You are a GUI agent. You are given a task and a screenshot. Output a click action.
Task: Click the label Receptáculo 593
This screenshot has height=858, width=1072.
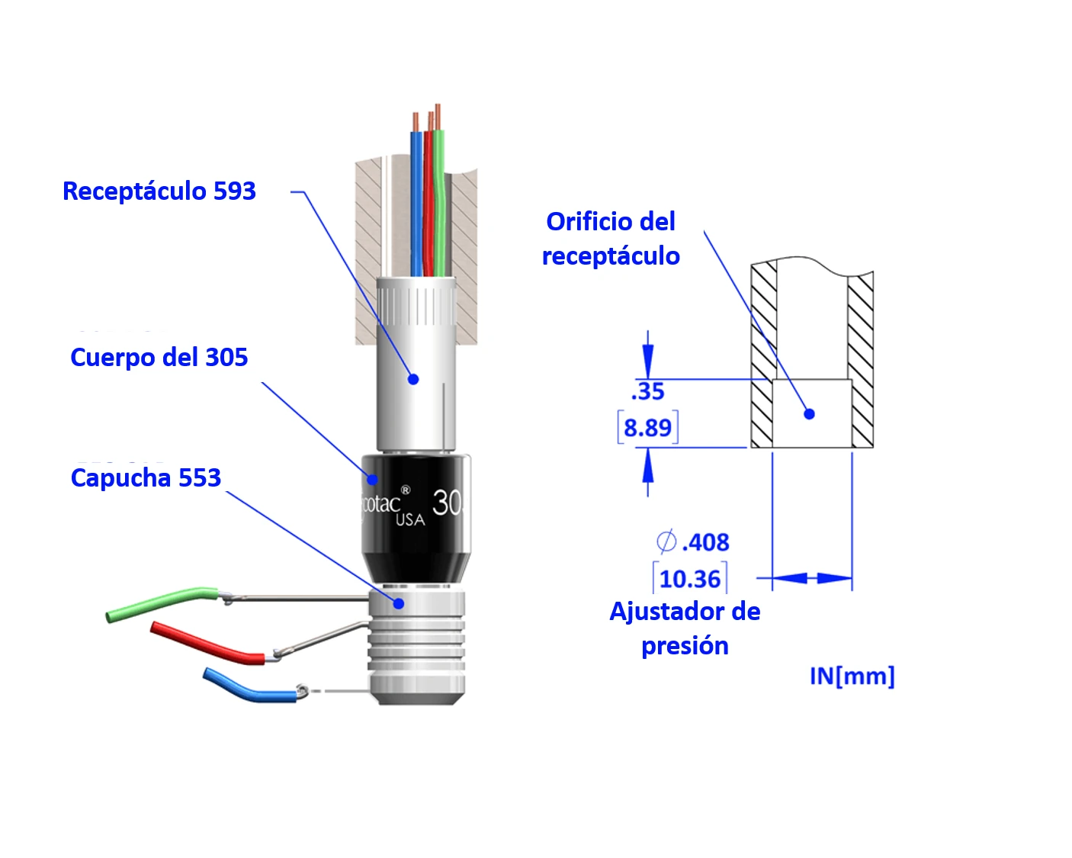pos(159,191)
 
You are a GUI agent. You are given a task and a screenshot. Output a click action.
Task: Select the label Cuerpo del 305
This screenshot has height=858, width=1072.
pos(159,357)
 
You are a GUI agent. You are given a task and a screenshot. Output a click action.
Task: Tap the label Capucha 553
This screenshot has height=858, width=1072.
pos(146,477)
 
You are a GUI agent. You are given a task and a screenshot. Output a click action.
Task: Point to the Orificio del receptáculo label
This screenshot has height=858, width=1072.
pos(611,239)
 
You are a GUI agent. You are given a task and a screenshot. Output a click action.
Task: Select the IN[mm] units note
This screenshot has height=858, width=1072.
pos(852,676)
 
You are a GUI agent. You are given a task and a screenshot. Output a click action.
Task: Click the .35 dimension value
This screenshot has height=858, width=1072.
pos(648,391)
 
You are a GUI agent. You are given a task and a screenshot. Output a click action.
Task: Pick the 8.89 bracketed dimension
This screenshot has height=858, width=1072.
pos(648,427)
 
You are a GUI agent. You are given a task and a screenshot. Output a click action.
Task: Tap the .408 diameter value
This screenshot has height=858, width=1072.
pos(705,542)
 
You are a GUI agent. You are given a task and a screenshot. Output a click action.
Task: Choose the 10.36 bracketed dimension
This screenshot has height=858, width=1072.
pos(690,579)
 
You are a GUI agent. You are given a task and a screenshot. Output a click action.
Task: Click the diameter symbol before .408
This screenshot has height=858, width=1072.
pos(666,541)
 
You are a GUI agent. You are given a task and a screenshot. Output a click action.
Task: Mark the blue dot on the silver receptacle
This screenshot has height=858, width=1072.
pos(413,379)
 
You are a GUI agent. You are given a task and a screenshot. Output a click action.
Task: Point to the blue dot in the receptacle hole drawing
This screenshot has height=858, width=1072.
pos(810,413)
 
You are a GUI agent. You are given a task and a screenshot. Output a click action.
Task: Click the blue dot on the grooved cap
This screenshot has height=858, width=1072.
pos(399,603)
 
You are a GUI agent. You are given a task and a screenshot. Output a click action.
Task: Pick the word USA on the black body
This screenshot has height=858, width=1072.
pos(410,519)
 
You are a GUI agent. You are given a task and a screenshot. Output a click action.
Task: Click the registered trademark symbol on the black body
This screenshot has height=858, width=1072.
pos(406,490)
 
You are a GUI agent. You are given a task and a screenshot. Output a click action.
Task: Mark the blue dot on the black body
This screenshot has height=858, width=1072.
pos(373,479)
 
